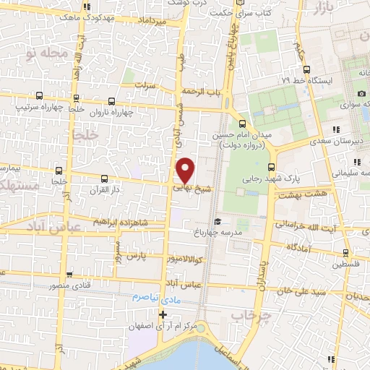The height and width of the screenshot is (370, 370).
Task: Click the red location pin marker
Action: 186,169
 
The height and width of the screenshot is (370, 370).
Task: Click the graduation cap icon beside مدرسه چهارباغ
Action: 215,221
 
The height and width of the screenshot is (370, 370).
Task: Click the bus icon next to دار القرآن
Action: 105,178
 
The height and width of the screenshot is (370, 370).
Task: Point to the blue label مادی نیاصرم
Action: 155,298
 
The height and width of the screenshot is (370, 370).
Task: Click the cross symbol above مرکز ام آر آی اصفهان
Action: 163,314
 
